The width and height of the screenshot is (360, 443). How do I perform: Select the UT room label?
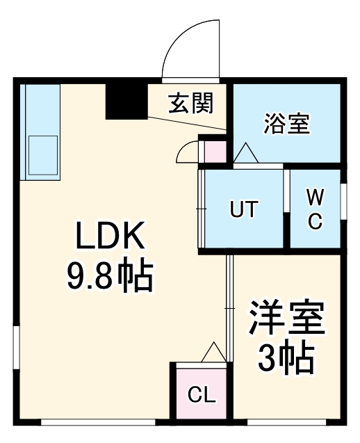[244, 209]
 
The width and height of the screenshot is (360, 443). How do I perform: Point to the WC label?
[315, 209]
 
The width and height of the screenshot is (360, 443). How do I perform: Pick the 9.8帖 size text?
[110, 277]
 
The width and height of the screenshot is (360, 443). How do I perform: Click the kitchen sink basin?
[42, 155]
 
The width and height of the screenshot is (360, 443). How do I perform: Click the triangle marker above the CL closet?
[212, 353]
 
